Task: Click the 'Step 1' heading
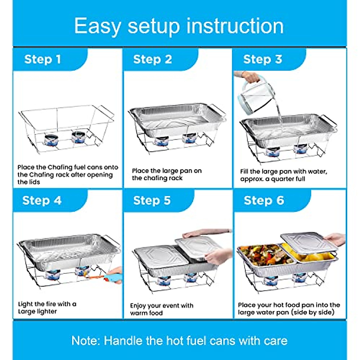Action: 43,59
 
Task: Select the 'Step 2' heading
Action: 152,59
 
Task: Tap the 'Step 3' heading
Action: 262,59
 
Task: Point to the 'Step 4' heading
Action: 42,200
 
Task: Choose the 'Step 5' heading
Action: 152,200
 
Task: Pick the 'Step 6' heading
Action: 264,200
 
